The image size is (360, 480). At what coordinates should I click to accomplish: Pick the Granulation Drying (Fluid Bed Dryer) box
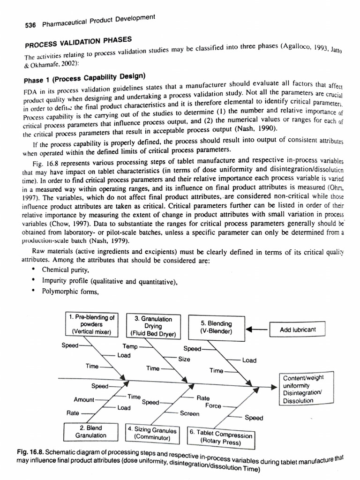pos(153,326)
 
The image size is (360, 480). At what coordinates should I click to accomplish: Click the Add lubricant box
pos(298,330)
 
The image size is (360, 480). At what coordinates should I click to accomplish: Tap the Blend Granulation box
pos(91,432)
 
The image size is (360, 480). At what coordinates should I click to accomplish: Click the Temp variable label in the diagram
pos(130,346)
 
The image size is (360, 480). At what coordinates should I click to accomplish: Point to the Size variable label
pos(184,359)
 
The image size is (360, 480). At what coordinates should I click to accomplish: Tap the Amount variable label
pos(84,400)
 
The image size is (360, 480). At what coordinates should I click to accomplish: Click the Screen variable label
pos(189,413)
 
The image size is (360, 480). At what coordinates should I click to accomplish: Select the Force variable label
pos(213,406)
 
